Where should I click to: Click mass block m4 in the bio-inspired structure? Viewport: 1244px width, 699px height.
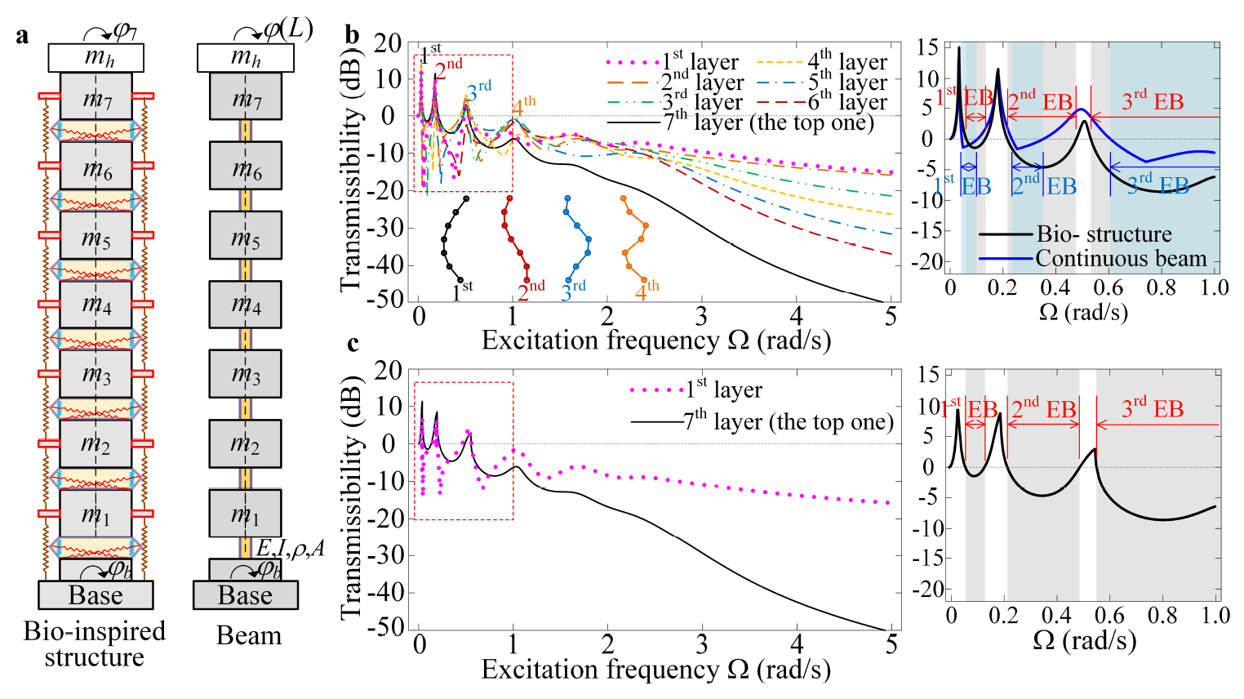(x=96, y=305)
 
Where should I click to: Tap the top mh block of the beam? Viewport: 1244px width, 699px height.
(x=246, y=57)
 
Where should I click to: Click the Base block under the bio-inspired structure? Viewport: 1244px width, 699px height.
(x=96, y=595)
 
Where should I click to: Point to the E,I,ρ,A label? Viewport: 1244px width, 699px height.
(x=291, y=548)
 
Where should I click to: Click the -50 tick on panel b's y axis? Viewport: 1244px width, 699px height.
(x=387, y=299)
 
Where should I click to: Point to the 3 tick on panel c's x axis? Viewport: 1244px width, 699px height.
(x=702, y=645)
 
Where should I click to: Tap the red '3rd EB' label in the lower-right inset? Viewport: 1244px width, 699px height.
(x=1152, y=407)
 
